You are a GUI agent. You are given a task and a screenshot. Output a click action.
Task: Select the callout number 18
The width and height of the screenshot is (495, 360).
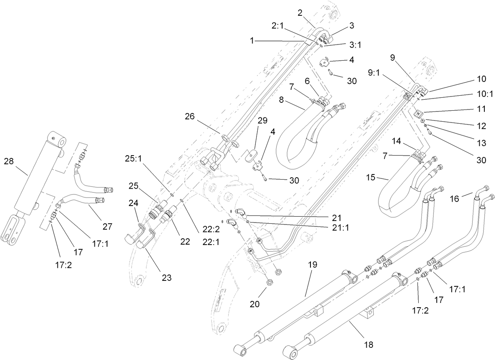tap(368, 345)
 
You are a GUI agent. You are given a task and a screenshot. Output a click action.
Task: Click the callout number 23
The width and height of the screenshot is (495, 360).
tap(167, 278)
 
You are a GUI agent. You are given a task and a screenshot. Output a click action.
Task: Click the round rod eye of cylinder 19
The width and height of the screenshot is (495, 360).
tap(240, 349)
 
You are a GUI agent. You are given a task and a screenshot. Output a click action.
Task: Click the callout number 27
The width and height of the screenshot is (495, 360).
tap(107, 226)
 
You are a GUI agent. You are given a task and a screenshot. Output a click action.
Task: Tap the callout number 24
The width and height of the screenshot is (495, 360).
tap(133, 203)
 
